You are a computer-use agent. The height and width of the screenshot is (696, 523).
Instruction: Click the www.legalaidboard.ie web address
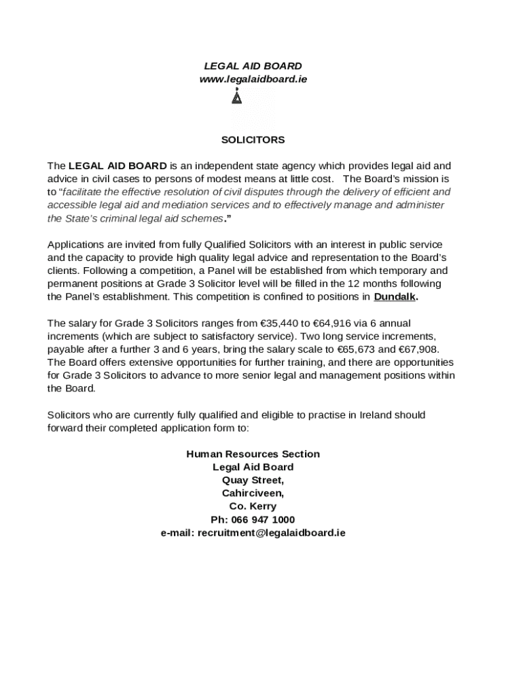(x=253, y=79)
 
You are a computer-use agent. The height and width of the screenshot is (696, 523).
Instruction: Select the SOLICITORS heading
(x=253, y=140)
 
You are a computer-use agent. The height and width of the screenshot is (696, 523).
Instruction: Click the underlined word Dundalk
(x=395, y=297)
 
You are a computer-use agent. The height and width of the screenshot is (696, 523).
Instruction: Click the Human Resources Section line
(x=253, y=454)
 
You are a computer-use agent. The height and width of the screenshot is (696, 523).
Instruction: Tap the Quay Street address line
(x=253, y=481)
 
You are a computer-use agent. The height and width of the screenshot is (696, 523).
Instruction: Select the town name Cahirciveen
(x=253, y=493)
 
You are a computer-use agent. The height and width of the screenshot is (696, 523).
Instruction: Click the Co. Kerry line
(x=253, y=506)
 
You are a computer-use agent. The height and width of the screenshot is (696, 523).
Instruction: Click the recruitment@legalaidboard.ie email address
(x=271, y=533)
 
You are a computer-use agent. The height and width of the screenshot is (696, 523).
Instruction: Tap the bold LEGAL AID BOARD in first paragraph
(x=118, y=166)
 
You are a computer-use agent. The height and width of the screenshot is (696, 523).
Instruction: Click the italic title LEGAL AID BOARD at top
(x=253, y=66)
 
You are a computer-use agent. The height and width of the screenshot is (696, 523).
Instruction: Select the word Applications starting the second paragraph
(x=75, y=244)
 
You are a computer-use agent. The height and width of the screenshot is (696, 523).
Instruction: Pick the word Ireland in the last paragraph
(x=372, y=415)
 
